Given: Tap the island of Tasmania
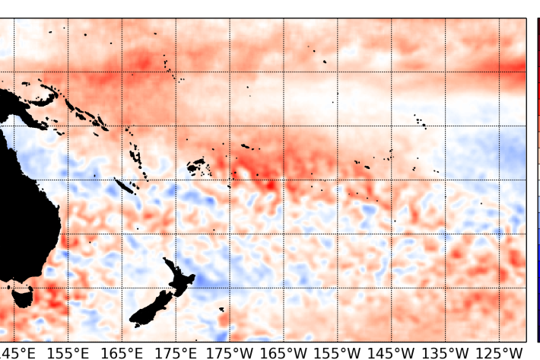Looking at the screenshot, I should (22, 295).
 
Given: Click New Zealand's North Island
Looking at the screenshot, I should (179, 277).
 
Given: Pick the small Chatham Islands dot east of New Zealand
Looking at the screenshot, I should (221, 309).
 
